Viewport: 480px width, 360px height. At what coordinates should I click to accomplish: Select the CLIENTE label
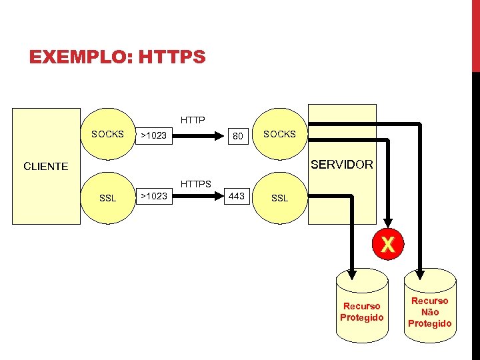[45, 166]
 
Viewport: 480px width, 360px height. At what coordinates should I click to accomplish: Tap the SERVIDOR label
[341, 164]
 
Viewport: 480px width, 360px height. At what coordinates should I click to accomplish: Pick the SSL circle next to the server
[279, 198]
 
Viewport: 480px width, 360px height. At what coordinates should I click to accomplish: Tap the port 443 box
[236, 196]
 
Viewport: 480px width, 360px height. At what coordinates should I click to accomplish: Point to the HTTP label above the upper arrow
[193, 121]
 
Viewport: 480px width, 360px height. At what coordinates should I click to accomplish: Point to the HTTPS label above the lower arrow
[195, 183]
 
